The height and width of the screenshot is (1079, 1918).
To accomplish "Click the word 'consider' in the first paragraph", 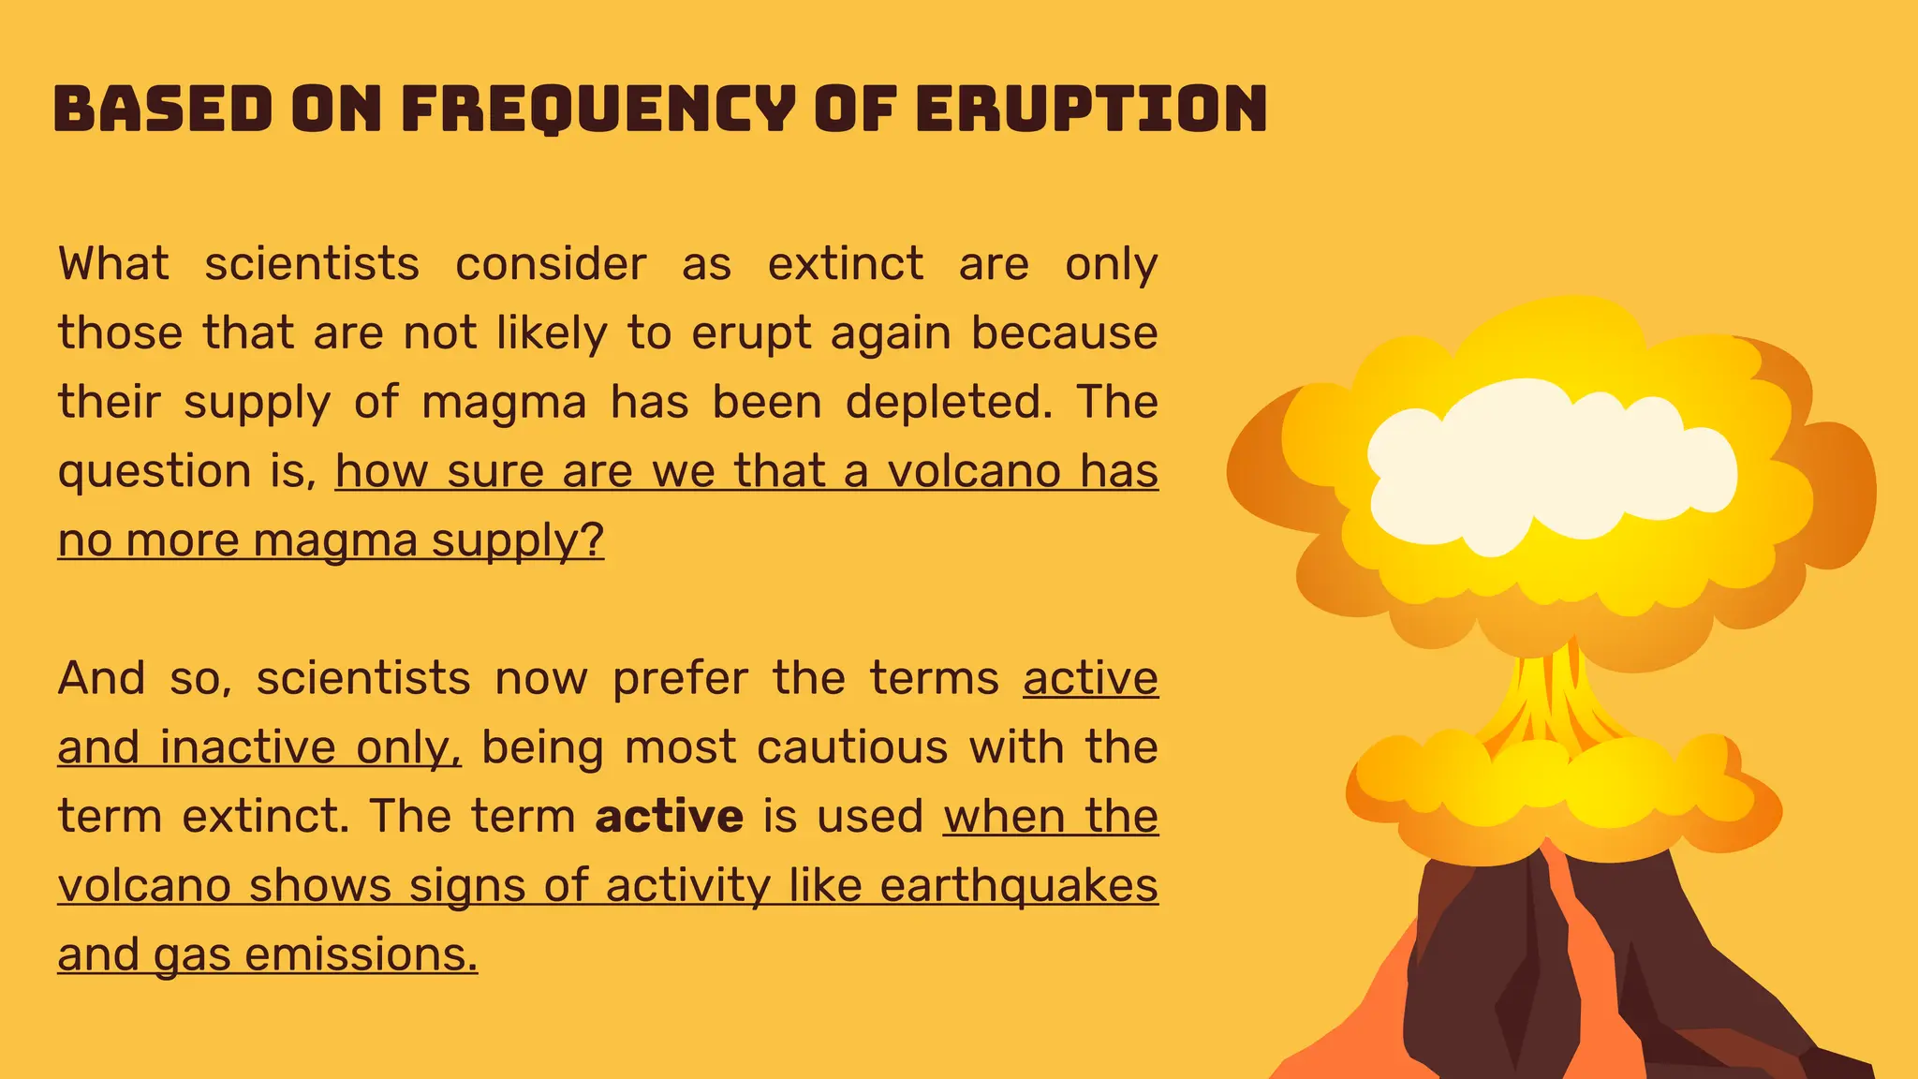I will pyautogui.click(x=551, y=264).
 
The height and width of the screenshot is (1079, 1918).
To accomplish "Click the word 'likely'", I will pyautogui.click(x=552, y=333).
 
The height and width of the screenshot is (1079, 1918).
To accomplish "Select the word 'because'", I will pyautogui.click(x=1064, y=333).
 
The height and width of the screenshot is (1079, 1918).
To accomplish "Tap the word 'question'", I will pyautogui.click(x=154, y=472).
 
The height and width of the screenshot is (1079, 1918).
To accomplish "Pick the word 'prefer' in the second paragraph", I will pyautogui.click(x=680, y=678).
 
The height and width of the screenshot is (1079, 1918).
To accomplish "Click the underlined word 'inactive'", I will pyautogui.click(x=247, y=747).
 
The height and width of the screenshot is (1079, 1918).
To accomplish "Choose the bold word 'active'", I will pyautogui.click(x=669, y=817).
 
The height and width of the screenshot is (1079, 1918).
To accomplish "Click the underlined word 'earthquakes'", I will pyautogui.click(x=1019, y=886).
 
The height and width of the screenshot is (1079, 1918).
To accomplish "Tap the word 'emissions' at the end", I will pyautogui.click(x=361, y=955).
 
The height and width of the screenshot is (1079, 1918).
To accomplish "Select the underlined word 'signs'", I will pyautogui.click(x=467, y=886).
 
